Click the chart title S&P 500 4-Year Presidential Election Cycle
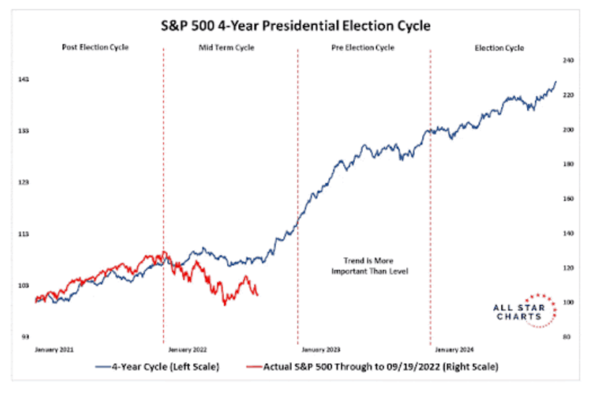coord(295,26)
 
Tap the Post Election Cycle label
coord(95,47)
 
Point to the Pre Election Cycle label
coord(363,47)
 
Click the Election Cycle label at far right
coord(499,48)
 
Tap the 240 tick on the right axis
coord(563,60)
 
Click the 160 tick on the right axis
coord(563,199)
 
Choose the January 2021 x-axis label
coord(54,350)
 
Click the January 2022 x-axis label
coord(187,350)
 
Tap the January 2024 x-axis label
coord(454,350)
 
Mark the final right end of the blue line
coord(556,82)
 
